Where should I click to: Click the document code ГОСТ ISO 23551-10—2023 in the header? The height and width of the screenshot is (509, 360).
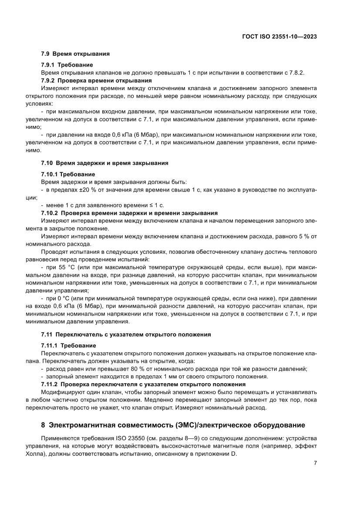click(x=279, y=37)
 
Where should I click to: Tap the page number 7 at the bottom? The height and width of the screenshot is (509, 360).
click(x=315, y=463)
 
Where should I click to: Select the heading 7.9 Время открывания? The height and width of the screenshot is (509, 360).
click(x=75, y=54)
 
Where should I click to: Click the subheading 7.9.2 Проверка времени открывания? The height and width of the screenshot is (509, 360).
click(x=96, y=81)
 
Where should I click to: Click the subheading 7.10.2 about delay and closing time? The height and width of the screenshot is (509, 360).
click(x=129, y=213)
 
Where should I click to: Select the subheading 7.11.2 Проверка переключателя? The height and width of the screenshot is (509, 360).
click(x=143, y=384)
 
